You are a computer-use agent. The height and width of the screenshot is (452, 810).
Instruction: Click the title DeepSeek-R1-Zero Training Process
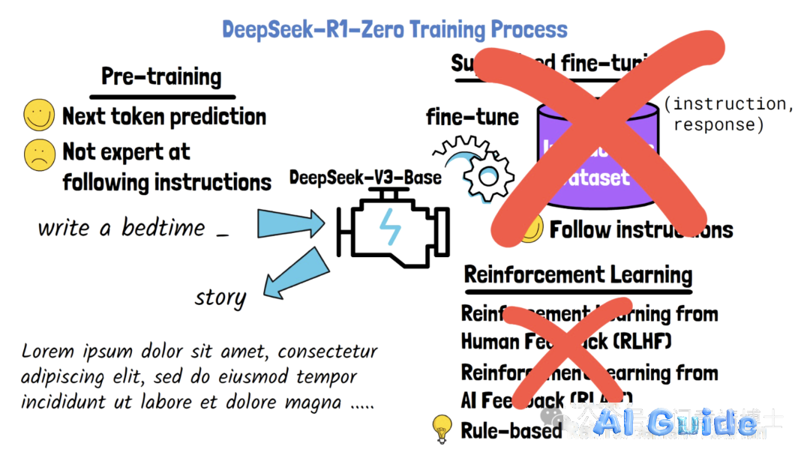(x=394, y=30)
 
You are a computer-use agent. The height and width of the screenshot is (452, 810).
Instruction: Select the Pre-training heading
(x=161, y=77)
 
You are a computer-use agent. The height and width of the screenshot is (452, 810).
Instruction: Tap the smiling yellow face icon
(x=40, y=116)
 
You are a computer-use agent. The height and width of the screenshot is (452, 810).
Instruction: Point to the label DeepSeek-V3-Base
(x=365, y=178)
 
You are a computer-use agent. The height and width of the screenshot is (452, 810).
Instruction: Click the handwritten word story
(x=220, y=298)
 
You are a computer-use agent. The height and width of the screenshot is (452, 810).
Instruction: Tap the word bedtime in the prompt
(x=163, y=227)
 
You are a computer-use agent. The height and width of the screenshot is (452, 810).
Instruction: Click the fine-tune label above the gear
(x=472, y=117)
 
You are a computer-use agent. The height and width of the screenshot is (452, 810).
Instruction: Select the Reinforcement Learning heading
(x=578, y=274)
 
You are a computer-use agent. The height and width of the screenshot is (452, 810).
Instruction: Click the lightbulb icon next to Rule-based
(x=442, y=429)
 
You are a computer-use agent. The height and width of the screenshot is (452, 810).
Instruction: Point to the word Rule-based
(x=511, y=430)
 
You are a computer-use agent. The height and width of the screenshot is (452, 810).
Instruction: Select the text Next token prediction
(x=164, y=116)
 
